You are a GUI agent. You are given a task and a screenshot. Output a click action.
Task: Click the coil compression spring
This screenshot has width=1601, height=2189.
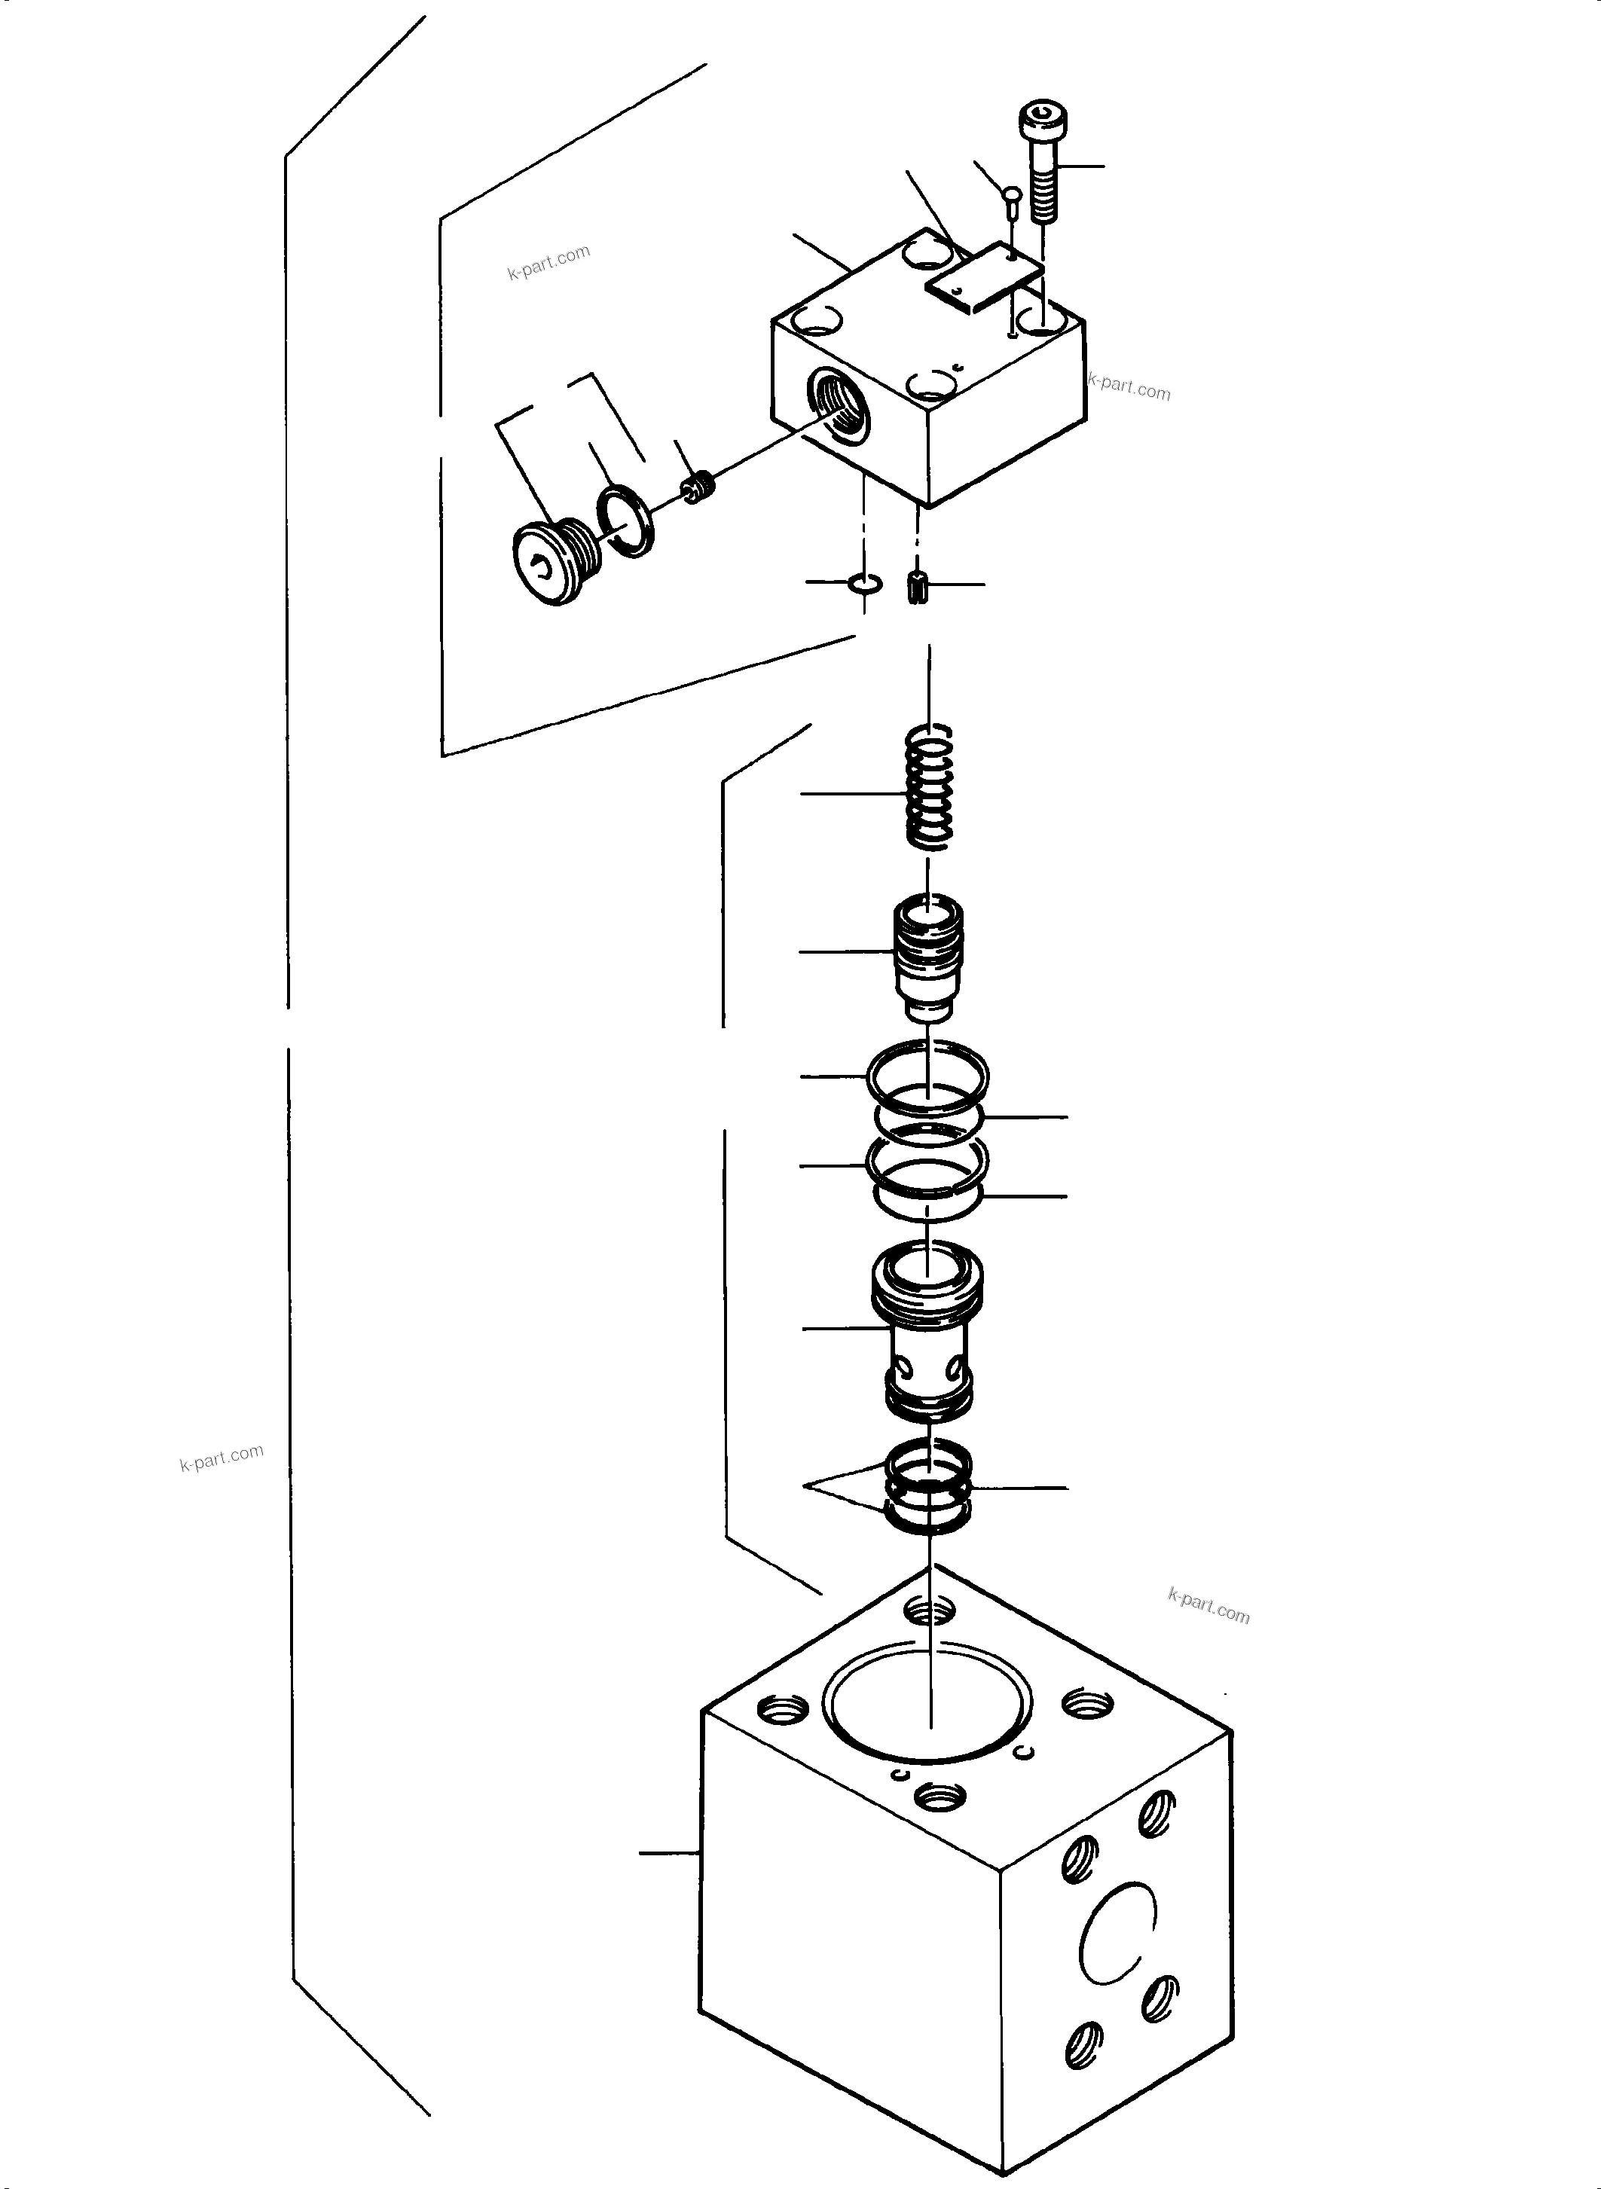tap(928, 788)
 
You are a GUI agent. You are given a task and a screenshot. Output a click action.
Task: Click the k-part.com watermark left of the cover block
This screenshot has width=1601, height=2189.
tap(548, 261)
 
